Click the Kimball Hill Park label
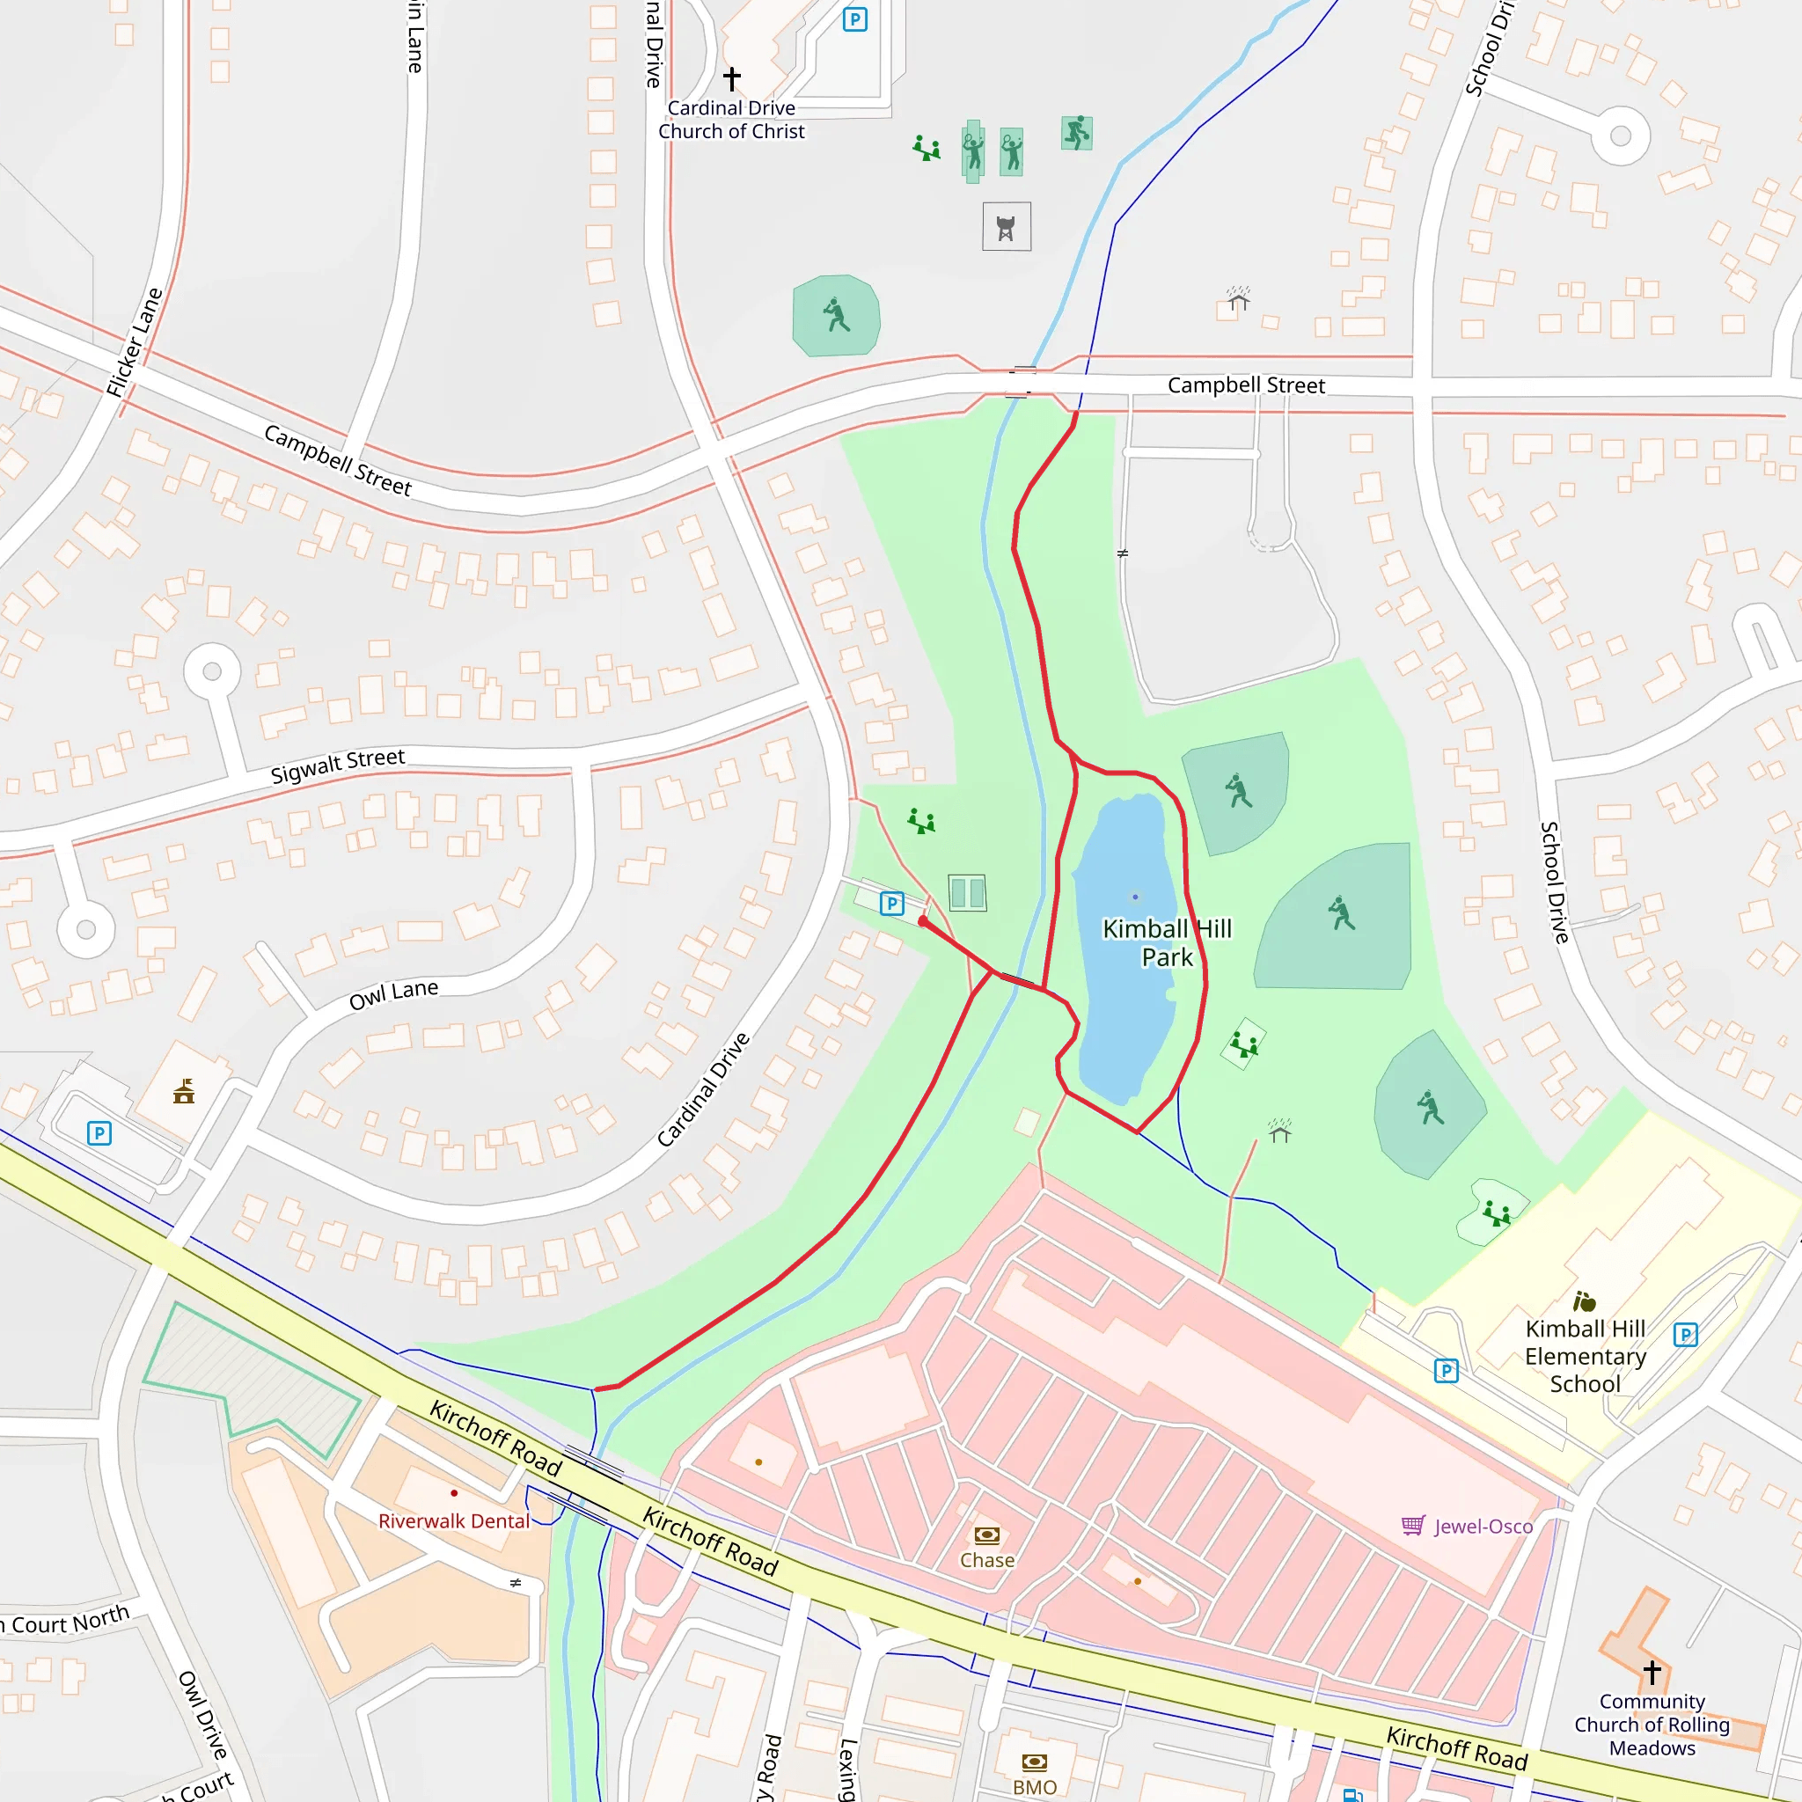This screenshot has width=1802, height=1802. pos(1167,943)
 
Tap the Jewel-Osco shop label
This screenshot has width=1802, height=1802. pos(1483,1527)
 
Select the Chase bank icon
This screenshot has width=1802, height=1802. pos(987,1535)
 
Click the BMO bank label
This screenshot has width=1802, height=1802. pos(1036,1787)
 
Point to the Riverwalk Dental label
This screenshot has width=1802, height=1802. pos(454,1521)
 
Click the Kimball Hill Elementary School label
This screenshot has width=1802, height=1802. pos(1585,1356)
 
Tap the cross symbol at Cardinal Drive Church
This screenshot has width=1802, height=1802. pos(732,78)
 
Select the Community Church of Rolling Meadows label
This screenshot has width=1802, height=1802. pos(1652,1725)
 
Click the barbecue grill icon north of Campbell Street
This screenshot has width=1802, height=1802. pos(1007,228)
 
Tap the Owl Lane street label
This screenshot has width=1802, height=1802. pos(393,995)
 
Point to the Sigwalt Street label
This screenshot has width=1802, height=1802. pos(338,765)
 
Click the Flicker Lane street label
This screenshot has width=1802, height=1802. pos(135,342)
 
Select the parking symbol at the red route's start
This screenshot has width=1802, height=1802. pos(892,903)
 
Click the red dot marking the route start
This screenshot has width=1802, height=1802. pos(922,921)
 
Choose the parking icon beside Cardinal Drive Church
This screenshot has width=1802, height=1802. pos(854,19)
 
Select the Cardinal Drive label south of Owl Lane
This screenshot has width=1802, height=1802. pos(703,1089)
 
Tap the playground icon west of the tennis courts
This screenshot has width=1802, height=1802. pos(920,821)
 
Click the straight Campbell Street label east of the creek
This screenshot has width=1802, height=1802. pos(1246,385)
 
